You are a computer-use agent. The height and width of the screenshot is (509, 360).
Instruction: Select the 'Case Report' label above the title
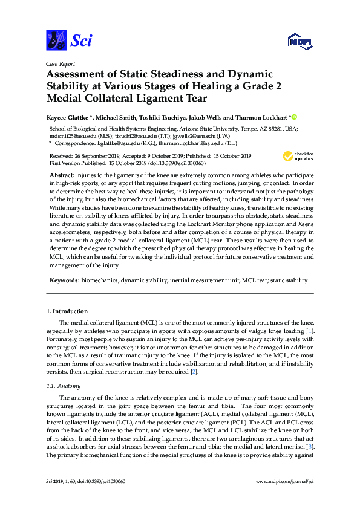coord(60,63)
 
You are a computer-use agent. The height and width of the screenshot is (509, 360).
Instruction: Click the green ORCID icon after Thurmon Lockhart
coord(295,115)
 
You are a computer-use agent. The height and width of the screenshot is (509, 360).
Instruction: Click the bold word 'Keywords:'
coord(65,280)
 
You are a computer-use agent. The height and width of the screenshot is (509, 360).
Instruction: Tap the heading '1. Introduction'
coord(66,311)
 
